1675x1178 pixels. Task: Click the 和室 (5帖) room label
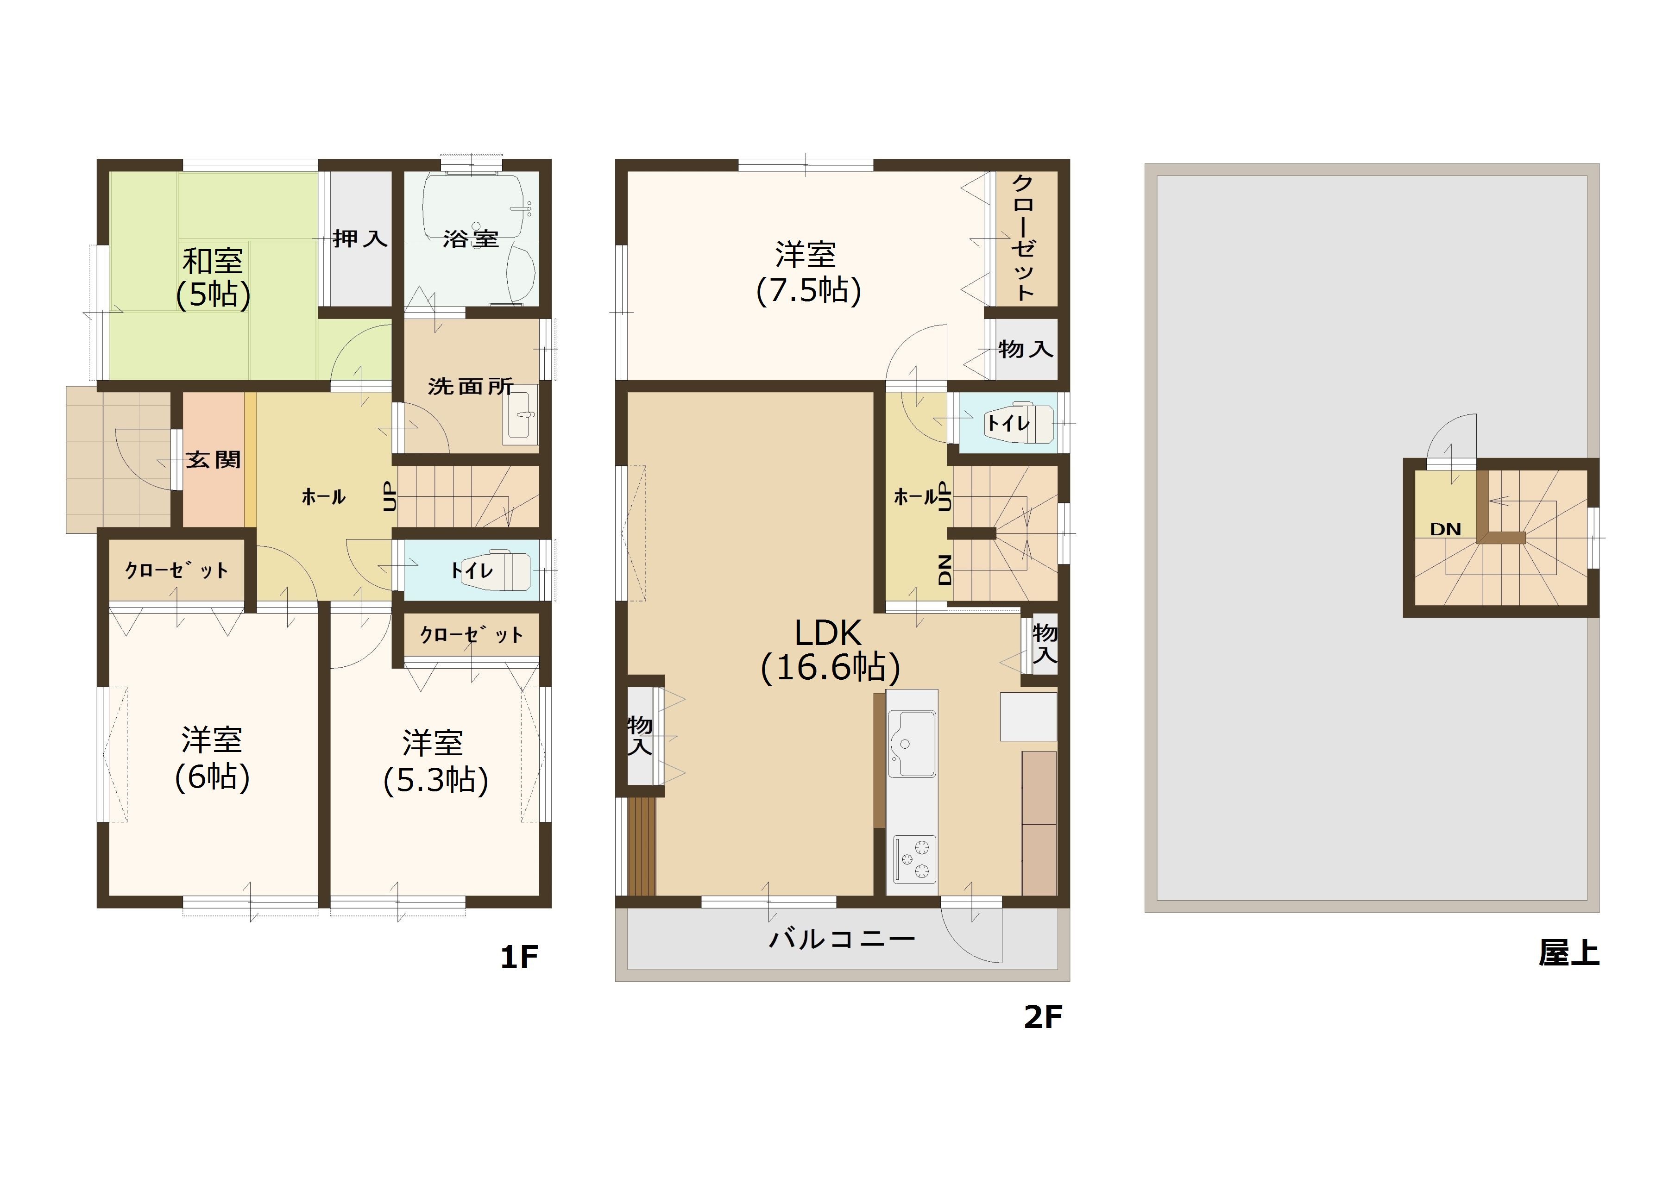coord(213,278)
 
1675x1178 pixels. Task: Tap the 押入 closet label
coord(359,238)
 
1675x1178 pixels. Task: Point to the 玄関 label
coord(213,459)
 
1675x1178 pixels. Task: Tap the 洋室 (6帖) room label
coord(212,758)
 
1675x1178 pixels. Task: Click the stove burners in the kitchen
coord(914,859)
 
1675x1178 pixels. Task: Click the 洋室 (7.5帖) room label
coord(807,272)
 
